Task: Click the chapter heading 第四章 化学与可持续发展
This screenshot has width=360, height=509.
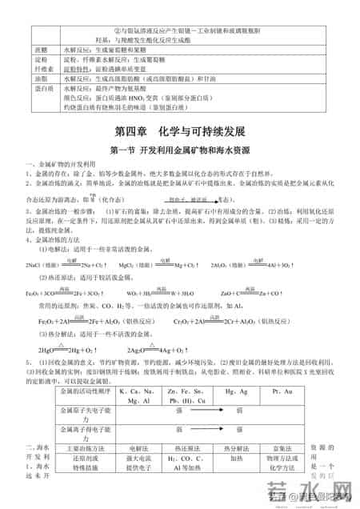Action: pos(179,130)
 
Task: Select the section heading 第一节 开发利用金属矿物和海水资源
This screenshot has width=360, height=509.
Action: pos(179,150)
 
